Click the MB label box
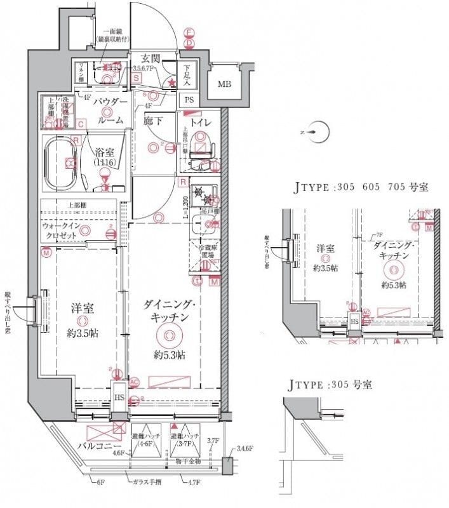[225, 84]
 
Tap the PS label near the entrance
[189, 100]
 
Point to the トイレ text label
[201, 121]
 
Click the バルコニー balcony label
[95, 446]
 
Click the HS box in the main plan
[119, 398]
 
